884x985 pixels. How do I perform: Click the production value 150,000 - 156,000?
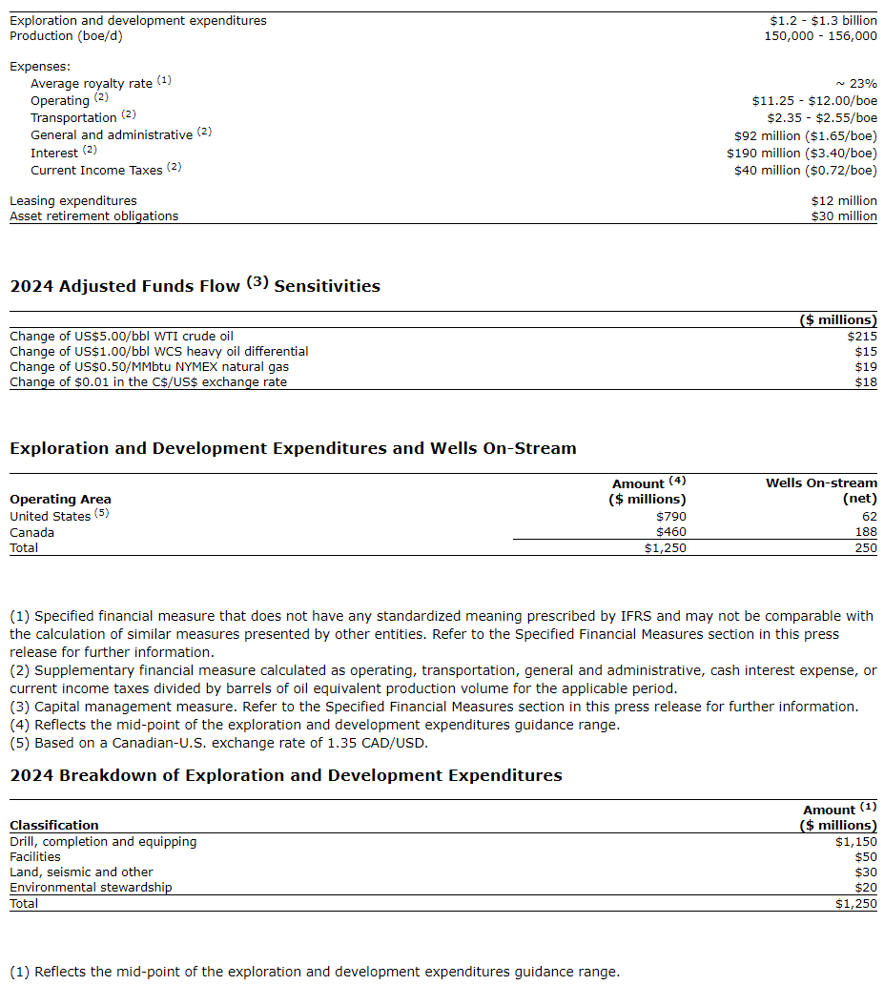[820, 36]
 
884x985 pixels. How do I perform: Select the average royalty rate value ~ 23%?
[855, 84]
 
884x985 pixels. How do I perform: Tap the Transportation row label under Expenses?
[73, 118]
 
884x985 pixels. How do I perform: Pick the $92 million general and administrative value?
[801, 135]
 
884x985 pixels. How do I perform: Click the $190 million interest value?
[801, 153]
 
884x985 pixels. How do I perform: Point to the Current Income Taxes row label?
[96, 171]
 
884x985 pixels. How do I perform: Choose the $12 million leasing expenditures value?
[844, 201]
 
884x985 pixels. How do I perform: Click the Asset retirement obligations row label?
[93, 216]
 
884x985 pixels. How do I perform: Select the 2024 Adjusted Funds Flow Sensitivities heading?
[195, 286]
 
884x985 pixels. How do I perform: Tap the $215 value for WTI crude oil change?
[862, 337]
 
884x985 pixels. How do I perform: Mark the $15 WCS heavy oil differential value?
[866, 352]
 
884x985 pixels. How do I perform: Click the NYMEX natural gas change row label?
[149, 367]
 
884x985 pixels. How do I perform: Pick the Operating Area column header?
[60, 500]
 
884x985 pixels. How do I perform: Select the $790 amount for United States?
[670, 517]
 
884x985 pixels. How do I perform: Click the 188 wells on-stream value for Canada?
[865, 532]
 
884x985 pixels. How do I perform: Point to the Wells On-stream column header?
[821, 483]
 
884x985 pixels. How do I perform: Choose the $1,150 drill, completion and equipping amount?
[855, 842]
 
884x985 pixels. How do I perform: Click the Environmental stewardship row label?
[91, 888]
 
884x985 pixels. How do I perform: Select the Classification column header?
[53, 826]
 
